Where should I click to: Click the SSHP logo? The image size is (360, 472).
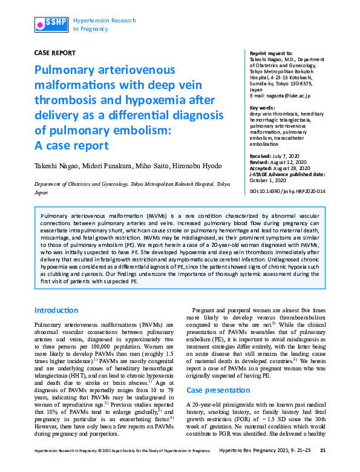coord(50,24)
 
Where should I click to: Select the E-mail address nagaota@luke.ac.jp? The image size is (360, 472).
coord(290,96)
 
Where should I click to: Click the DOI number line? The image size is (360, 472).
coord(287,191)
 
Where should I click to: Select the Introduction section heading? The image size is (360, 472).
coord(56,310)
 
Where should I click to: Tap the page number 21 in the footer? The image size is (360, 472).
coord(322,467)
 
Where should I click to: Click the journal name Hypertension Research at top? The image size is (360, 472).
coord(104,20)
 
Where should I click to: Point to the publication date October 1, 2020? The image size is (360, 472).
coord(270,180)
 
